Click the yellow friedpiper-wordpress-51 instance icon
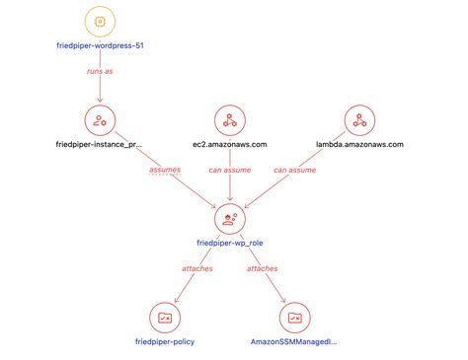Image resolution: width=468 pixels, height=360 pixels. click(100, 21)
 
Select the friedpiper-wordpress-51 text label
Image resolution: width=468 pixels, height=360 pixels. click(100, 45)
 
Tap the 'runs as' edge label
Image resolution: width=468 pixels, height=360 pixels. click(100, 72)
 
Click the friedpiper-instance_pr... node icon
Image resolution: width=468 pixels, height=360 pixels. click(100, 120)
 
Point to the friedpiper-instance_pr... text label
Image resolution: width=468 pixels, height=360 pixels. click(100, 144)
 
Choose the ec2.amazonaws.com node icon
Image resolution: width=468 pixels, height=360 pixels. click(229, 120)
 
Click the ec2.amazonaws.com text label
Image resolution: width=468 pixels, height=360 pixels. click(229, 144)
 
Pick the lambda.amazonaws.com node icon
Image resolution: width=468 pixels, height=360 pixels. click(358, 120)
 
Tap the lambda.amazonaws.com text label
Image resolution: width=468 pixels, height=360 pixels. click(358, 144)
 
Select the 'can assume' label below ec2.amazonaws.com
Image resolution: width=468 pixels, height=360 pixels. click(229, 170)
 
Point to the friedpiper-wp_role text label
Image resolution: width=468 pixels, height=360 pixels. click(229, 243)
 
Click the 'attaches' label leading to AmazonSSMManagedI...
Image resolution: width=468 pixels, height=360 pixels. click(262, 267)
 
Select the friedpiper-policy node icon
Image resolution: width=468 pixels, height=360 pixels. click(164, 318)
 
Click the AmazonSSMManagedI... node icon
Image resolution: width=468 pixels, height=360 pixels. click(294, 318)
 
